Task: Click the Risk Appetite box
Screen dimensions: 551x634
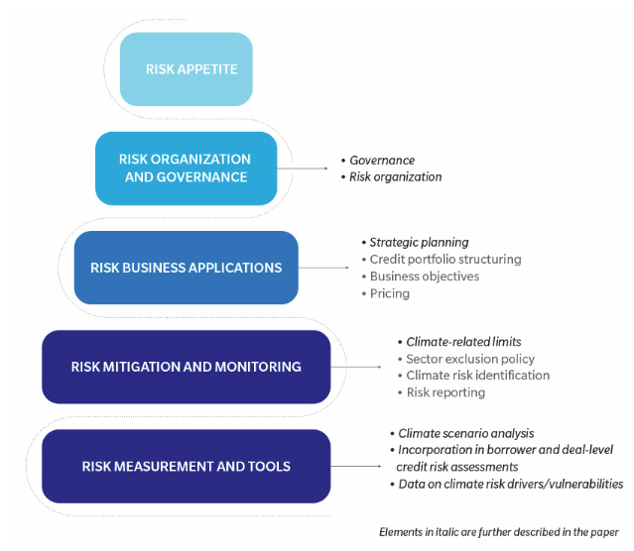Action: [x=186, y=69]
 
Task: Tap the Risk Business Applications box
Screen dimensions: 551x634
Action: [x=186, y=268]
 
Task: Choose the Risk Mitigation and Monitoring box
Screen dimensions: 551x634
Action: [x=186, y=367]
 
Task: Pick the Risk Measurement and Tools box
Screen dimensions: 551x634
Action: [x=186, y=466]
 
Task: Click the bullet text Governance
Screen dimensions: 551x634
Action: [x=382, y=161]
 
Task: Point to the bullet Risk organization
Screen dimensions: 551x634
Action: [x=395, y=177]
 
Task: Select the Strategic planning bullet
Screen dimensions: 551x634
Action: [x=419, y=243]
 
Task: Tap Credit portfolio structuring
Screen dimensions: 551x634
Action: [x=444, y=260]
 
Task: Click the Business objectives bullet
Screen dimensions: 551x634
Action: [x=424, y=276]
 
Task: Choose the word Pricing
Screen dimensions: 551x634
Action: [x=389, y=293]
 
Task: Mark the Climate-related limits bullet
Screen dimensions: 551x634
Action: [x=464, y=342]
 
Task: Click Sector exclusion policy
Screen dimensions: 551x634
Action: [x=470, y=359]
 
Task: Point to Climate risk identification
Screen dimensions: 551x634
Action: [x=477, y=376]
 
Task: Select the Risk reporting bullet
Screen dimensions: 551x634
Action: [x=445, y=392]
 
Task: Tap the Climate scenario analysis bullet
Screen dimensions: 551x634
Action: [x=465, y=433]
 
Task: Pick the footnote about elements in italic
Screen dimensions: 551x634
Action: [x=499, y=533]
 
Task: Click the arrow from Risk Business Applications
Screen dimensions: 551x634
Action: [x=326, y=268]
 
